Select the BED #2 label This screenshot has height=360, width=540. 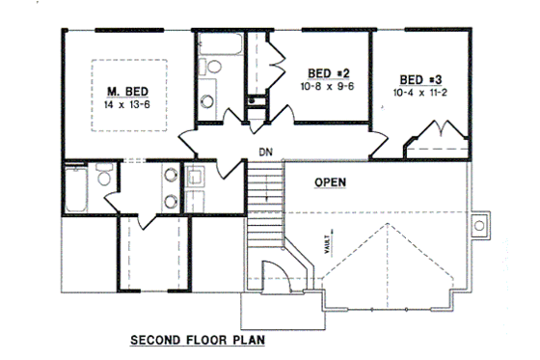point(327,72)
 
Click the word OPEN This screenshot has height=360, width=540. point(331,181)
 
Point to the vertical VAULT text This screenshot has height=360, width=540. point(331,233)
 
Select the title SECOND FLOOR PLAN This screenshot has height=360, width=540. point(197,340)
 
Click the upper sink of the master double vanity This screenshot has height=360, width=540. point(170,176)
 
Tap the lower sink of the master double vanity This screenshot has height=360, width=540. point(170,201)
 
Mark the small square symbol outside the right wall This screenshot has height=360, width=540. point(479,226)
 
